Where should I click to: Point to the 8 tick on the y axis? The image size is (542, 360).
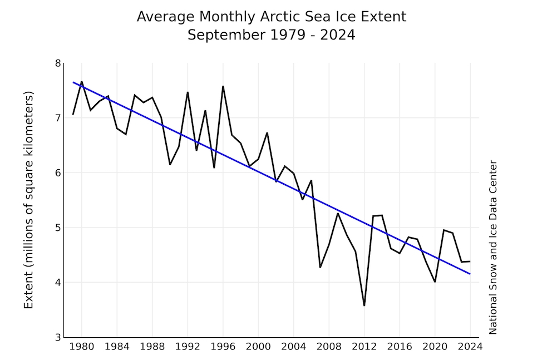[x=57, y=63]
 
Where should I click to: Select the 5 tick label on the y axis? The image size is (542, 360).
[x=57, y=228]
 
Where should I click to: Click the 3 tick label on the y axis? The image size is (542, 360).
[x=57, y=337]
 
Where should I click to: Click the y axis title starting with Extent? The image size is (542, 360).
[x=29, y=200]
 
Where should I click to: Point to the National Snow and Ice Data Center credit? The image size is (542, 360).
[x=493, y=248]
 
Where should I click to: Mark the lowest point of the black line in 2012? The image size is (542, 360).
[x=364, y=305]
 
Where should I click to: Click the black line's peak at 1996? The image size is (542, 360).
[x=223, y=86]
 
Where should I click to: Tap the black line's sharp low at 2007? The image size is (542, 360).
[x=320, y=267]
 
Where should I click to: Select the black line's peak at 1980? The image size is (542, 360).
[x=82, y=82]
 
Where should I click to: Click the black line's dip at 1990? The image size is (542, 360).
[x=170, y=164]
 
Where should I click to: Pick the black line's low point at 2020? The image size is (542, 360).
[x=435, y=282]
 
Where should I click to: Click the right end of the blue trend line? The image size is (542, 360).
[x=470, y=274]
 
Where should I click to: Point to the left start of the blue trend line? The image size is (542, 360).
[x=73, y=82]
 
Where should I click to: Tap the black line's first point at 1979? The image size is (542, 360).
[x=73, y=115]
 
